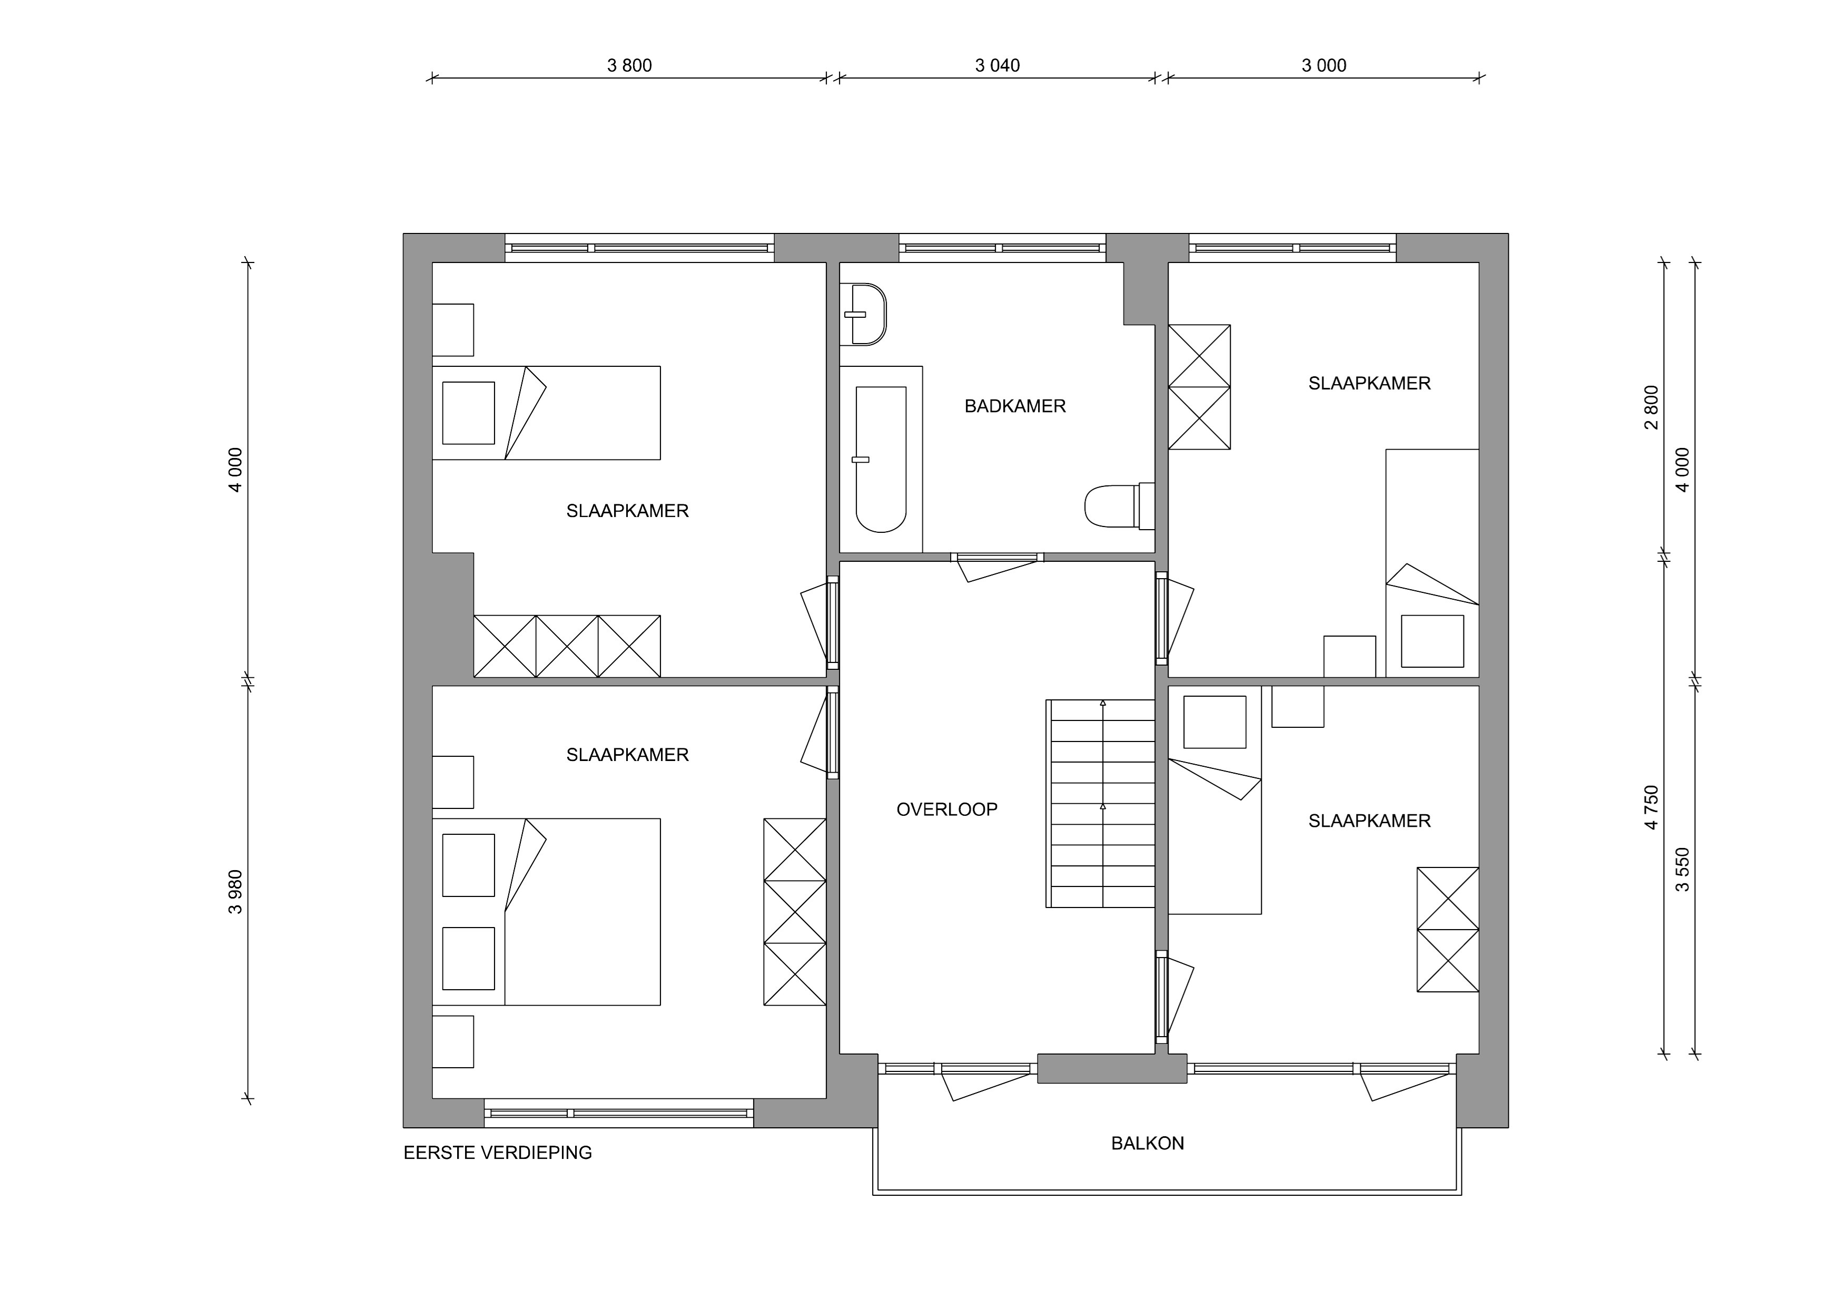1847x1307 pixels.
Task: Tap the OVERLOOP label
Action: pyautogui.click(x=947, y=809)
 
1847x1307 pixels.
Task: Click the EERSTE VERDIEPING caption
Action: pyautogui.click(x=497, y=1153)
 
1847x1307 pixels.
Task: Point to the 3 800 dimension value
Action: pyautogui.click(x=629, y=66)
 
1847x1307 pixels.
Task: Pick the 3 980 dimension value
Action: pyautogui.click(x=235, y=892)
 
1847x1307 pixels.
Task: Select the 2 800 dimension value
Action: pyautogui.click(x=1652, y=407)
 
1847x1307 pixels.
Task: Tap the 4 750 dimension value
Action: pyautogui.click(x=1652, y=807)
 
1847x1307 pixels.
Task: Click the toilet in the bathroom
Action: pyautogui.click(x=1119, y=506)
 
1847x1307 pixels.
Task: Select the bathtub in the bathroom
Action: pyautogui.click(x=881, y=459)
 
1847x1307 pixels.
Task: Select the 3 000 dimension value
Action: pyautogui.click(x=1323, y=66)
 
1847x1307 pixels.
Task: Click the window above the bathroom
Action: pyautogui.click(x=1002, y=248)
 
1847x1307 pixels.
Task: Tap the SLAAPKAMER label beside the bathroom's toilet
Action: pyautogui.click(x=1369, y=384)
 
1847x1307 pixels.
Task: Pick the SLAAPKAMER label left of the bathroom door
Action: pyautogui.click(x=627, y=511)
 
